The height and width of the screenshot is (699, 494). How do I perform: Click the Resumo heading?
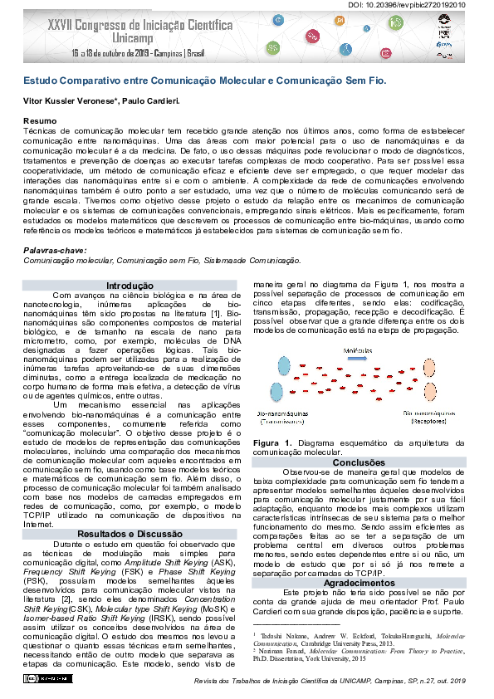(38, 122)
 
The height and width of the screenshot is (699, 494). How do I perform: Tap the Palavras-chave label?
(51, 250)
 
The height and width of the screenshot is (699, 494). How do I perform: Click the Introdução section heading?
(130, 286)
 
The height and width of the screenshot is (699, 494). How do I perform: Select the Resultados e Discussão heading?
(130, 534)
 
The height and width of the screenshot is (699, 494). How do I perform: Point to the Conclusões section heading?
(359, 462)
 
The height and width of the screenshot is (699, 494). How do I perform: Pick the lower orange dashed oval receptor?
(429, 393)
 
